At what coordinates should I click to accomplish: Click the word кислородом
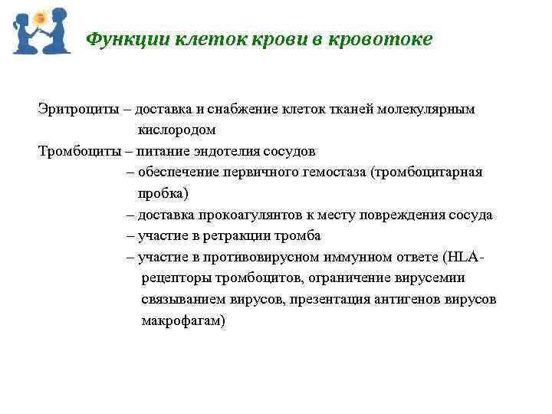177,130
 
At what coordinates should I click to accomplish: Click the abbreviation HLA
467,257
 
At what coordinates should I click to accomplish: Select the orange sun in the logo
41,17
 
